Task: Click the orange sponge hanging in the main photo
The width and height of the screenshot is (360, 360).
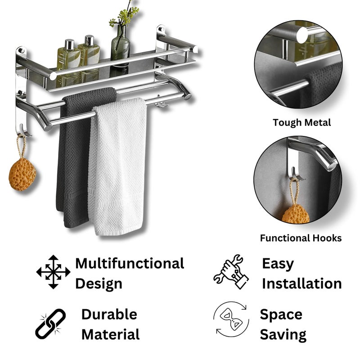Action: (x=22, y=174)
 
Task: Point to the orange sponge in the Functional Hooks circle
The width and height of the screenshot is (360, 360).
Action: (x=296, y=214)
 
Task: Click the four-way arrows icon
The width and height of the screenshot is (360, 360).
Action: (x=53, y=272)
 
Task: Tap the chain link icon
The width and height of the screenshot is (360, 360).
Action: (x=50, y=324)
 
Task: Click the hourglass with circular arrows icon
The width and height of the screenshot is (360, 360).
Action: (x=231, y=319)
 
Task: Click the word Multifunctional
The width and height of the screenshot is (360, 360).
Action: (x=130, y=263)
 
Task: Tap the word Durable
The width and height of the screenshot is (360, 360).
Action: (x=109, y=314)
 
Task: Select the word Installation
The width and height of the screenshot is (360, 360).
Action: (x=301, y=283)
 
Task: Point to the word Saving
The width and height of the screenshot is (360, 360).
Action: (x=283, y=335)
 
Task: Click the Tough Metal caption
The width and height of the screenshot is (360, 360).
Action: (x=301, y=122)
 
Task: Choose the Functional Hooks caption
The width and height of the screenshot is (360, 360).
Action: (x=301, y=238)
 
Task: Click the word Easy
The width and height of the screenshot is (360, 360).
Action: (x=278, y=264)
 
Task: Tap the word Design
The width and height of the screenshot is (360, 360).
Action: (x=99, y=284)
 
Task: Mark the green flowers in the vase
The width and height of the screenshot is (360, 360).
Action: (x=124, y=15)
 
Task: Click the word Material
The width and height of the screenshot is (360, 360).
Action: (x=110, y=334)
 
